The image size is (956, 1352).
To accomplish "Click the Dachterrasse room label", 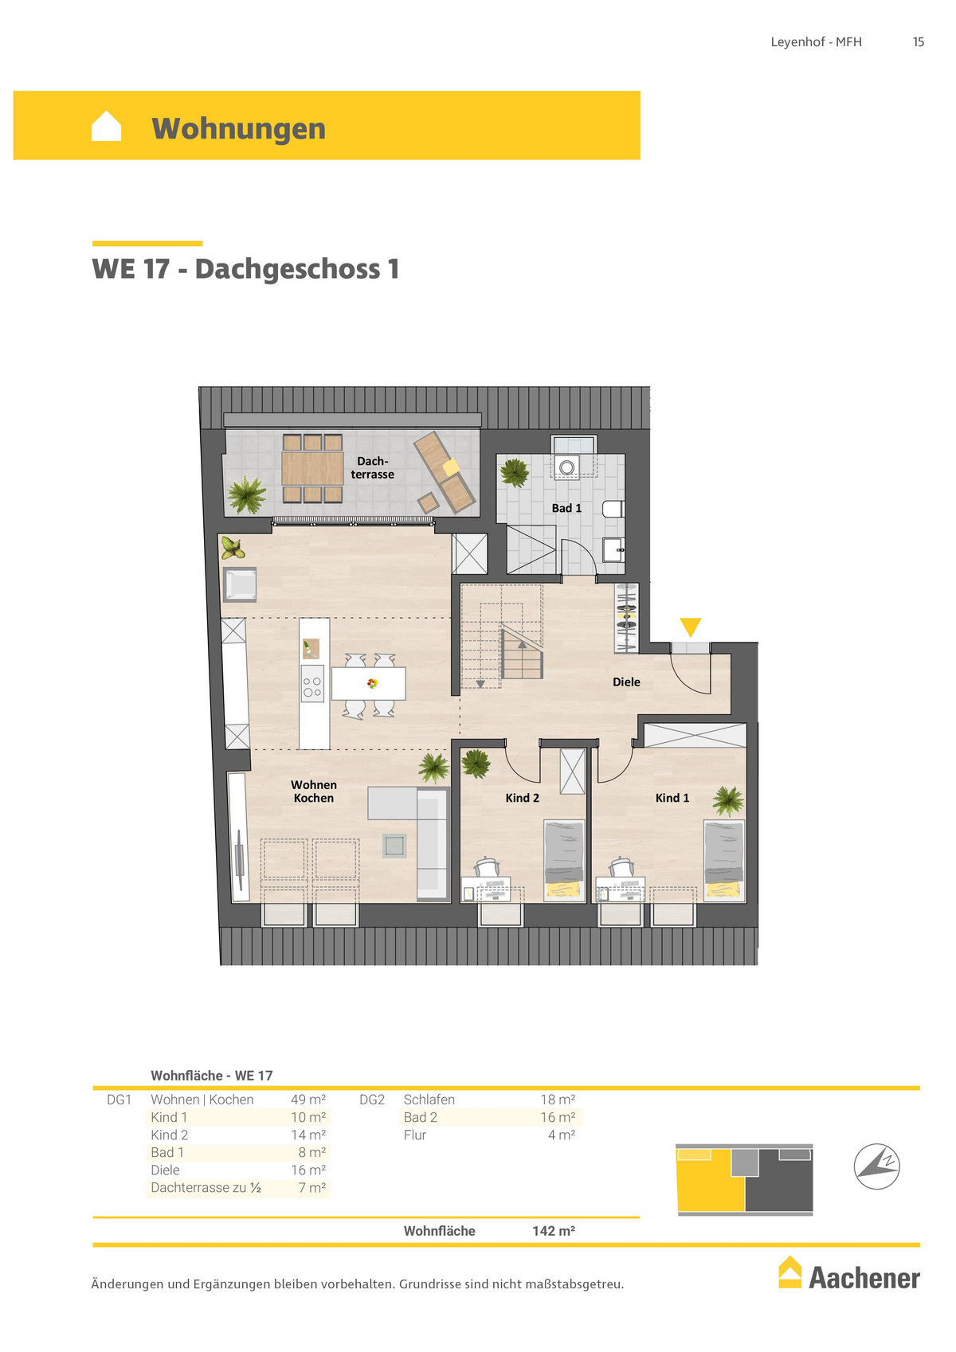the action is pyautogui.click(x=372, y=467).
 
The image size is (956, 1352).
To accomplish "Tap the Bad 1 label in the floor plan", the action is pyautogui.click(x=566, y=508).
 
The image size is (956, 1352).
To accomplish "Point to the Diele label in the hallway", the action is pyautogui.click(x=626, y=682).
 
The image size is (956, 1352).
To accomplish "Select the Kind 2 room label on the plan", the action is pyautogui.click(x=522, y=798).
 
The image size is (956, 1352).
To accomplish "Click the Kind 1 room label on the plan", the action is pyautogui.click(x=672, y=798).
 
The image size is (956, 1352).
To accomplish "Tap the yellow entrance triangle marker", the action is pyautogui.click(x=690, y=627).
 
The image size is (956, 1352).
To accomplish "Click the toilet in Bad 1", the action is pyautogui.click(x=613, y=509).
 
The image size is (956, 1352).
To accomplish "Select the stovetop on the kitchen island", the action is pyautogui.click(x=313, y=683).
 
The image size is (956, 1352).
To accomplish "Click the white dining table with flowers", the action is pyautogui.click(x=368, y=683).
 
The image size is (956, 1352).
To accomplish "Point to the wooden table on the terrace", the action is pyautogui.click(x=312, y=468).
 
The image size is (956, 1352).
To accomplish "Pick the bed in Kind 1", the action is pyautogui.click(x=724, y=861).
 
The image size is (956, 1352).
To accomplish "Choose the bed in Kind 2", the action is pyautogui.click(x=564, y=861).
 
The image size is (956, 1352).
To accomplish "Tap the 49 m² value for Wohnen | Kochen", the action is pyautogui.click(x=308, y=1100).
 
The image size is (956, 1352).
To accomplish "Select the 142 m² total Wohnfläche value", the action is pyautogui.click(x=553, y=1231).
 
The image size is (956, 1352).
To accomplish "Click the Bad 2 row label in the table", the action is pyautogui.click(x=421, y=1117).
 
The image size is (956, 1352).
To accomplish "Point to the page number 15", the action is pyautogui.click(x=918, y=42).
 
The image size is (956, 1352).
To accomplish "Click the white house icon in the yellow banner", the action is pyautogui.click(x=106, y=126).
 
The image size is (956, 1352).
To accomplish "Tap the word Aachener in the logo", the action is pyautogui.click(x=864, y=1279).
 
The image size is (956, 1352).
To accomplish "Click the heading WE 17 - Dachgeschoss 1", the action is pyautogui.click(x=245, y=269).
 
